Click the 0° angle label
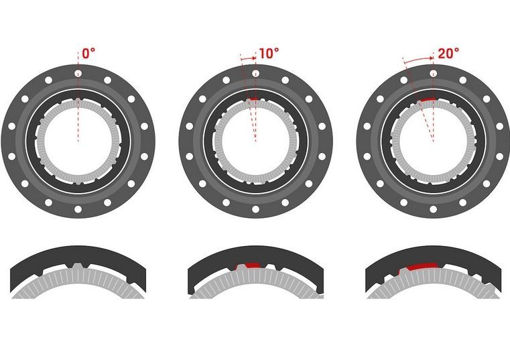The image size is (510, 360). tap(88, 54)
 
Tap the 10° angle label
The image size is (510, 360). tap(269, 54)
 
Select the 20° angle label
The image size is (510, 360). tap(448, 54)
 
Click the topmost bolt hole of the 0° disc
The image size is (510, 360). tap(78, 73)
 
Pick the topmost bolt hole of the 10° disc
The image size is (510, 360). tap(255, 73)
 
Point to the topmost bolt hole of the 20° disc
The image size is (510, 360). tap(433, 73)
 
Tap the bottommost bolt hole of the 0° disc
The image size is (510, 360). tap(78, 209)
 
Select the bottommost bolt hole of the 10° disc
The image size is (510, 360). tap(255, 209)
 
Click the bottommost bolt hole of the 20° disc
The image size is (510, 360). tap(433, 209)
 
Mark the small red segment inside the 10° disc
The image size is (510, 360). tap(253, 99)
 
